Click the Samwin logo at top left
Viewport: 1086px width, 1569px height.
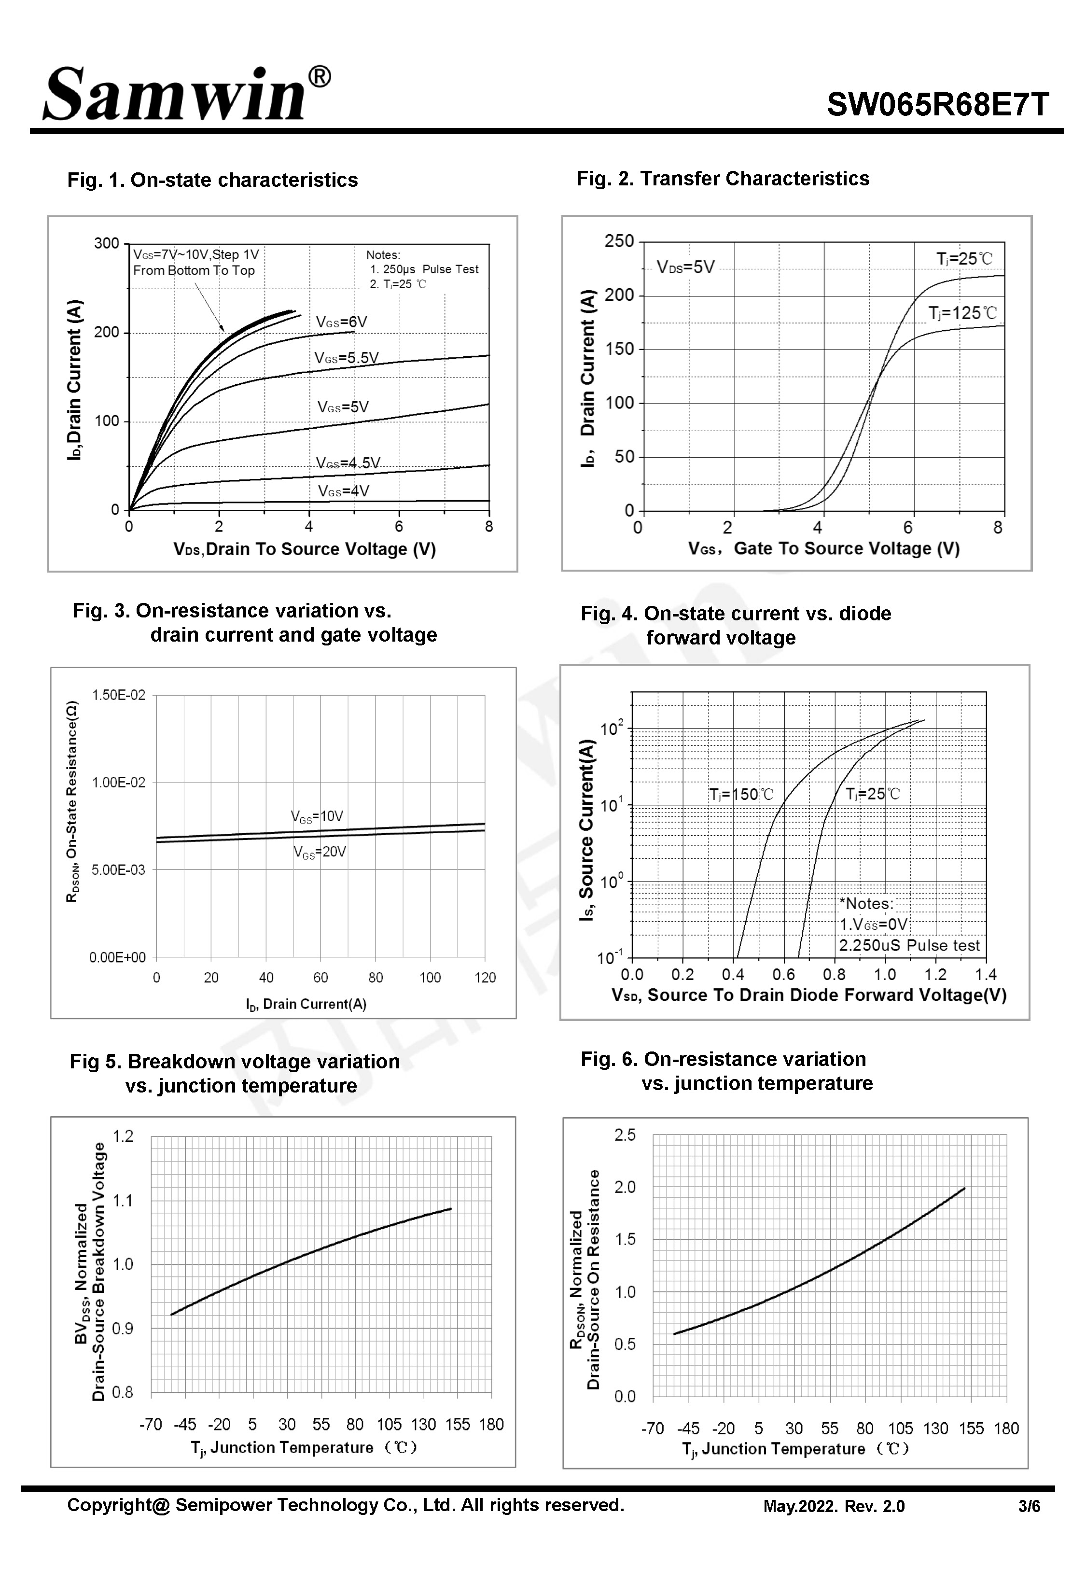coord(173,95)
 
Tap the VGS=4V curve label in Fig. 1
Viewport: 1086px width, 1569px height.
coord(344,491)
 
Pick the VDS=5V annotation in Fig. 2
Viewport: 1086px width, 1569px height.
coord(686,267)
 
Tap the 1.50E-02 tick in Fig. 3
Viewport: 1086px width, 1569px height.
coord(118,695)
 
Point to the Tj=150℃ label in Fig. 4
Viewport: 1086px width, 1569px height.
coord(741,794)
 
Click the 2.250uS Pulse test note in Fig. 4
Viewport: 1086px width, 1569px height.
coord(909,945)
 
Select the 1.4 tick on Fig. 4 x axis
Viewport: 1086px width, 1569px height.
coord(985,974)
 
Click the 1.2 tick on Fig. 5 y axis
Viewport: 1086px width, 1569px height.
coord(123,1136)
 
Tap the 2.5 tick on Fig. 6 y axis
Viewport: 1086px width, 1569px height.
coord(625,1135)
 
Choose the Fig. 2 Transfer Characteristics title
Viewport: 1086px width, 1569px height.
coord(723,178)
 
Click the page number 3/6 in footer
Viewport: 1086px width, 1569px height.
coord(1029,1506)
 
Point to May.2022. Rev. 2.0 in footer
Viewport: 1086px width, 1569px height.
coord(834,1506)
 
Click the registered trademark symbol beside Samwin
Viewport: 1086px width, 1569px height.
coord(319,77)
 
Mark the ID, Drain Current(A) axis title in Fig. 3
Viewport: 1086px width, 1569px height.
coord(306,1004)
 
